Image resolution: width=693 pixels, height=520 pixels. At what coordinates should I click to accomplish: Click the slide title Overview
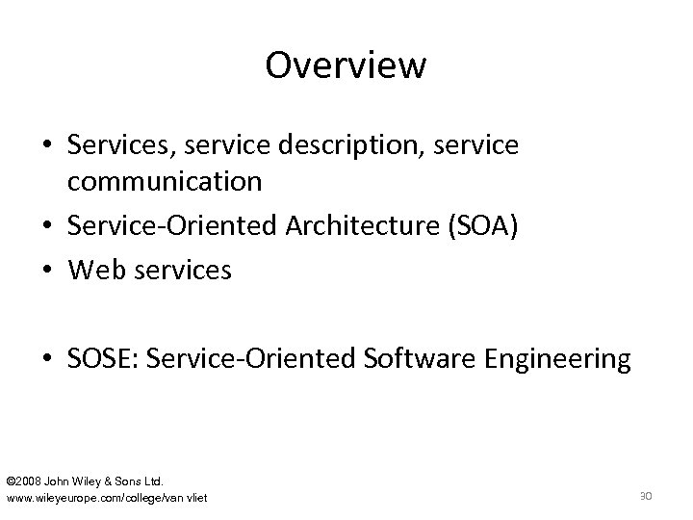pyautogui.click(x=346, y=65)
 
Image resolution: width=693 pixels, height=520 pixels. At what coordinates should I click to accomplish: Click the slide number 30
pyautogui.click(x=647, y=495)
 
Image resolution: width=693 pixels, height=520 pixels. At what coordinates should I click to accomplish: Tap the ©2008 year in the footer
pyautogui.click(x=26, y=480)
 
